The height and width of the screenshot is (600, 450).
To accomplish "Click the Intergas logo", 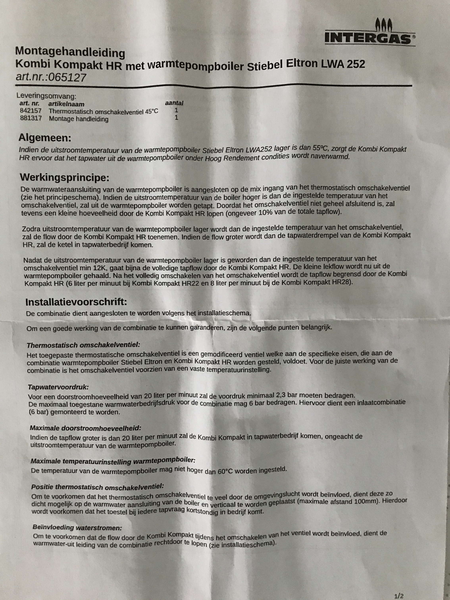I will pyautogui.click(x=369, y=34).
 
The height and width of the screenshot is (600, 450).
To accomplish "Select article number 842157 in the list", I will pyautogui.click(x=31, y=111).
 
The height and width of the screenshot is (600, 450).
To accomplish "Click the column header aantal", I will pyautogui.click(x=174, y=103).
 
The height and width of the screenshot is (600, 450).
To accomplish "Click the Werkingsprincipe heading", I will pyautogui.click(x=64, y=178).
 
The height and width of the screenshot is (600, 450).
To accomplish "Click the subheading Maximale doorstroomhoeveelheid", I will pyautogui.click(x=86, y=428).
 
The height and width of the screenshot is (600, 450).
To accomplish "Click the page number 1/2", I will pyautogui.click(x=399, y=594).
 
